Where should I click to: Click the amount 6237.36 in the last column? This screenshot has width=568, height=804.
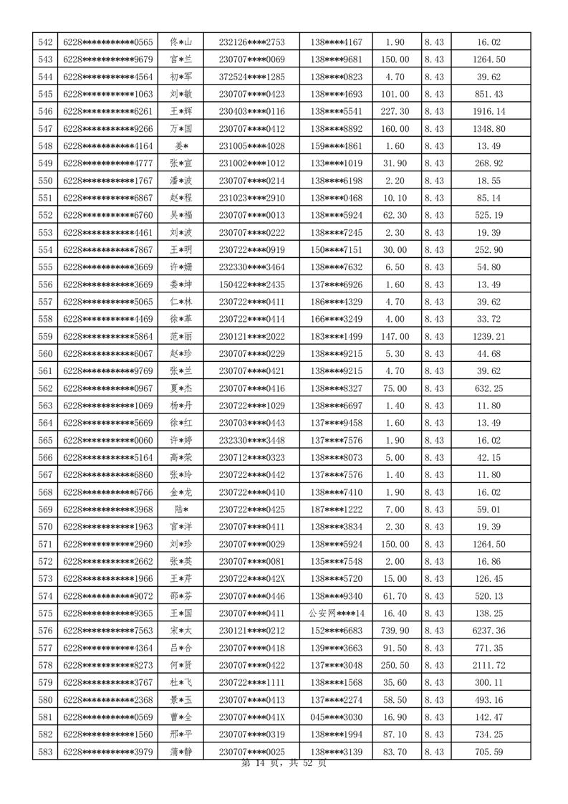(x=490, y=631)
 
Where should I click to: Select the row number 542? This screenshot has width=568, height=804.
(x=45, y=42)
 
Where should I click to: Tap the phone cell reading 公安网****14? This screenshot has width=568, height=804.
(x=337, y=613)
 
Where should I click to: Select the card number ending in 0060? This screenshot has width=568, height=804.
(x=108, y=440)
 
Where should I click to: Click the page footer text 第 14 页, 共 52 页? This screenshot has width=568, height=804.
(x=284, y=764)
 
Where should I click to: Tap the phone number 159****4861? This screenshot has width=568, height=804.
(x=337, y=146)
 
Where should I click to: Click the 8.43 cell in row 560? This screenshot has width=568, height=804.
(x=434, y=353)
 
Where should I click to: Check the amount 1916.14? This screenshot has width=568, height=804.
(x=490, y=112)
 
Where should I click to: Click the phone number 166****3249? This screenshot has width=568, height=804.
(x=337, y=319)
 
